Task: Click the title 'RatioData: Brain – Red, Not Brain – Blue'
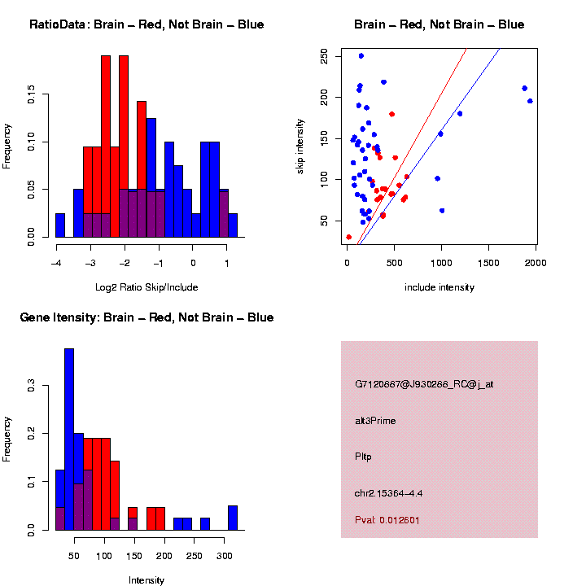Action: click(146, 24)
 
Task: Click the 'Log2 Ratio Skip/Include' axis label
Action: click(146, 286)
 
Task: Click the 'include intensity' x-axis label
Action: click(439, 286)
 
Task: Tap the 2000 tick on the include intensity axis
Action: click(536, 261)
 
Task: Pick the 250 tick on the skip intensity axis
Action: click(324, 56)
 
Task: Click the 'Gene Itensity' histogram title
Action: click(146, 317)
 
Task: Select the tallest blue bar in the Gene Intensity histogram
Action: click(69, 439)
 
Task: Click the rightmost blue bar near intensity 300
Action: click(233, 518)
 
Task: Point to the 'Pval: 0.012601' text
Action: click(387, 519)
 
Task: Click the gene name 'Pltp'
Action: click(364, 457)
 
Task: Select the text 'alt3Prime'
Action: click(375, 421)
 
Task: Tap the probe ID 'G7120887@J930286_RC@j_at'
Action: click(424, 384)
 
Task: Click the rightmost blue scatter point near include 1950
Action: click(530, 101)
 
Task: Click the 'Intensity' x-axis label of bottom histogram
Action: click(146, 580)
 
